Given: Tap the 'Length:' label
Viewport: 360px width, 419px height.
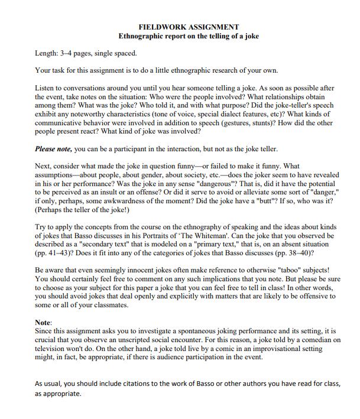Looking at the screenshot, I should tap(48, 53).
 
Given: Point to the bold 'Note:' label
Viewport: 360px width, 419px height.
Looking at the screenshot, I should tap(44, 323).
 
